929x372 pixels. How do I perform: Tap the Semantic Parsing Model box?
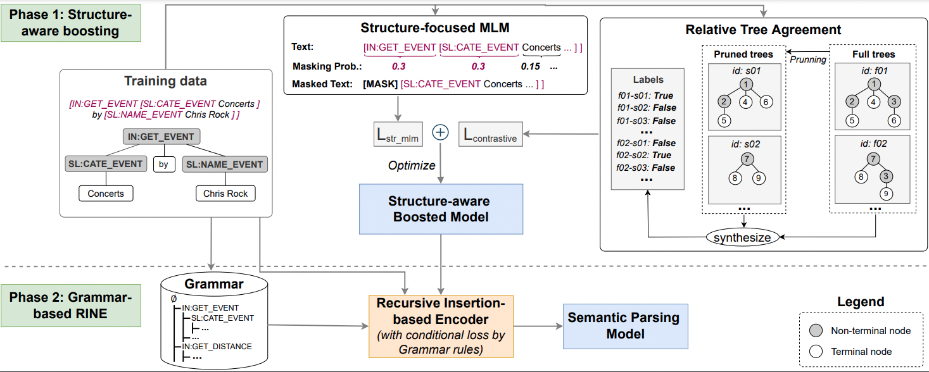coord(625,326)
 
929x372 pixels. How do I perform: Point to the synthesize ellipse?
coord(742,238)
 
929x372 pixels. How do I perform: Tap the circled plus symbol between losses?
coord(440,133)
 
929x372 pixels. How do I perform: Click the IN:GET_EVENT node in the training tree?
coord(161,137)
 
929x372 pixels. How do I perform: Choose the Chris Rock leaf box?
coord(225,193)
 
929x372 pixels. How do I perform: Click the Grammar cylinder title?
coord(213,284)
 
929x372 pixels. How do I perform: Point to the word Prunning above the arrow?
coord(807,59)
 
